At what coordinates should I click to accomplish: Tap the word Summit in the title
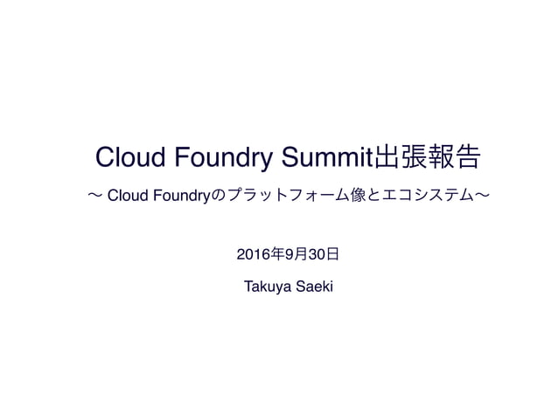point(326,158)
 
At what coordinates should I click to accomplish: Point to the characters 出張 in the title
point(401,158)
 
